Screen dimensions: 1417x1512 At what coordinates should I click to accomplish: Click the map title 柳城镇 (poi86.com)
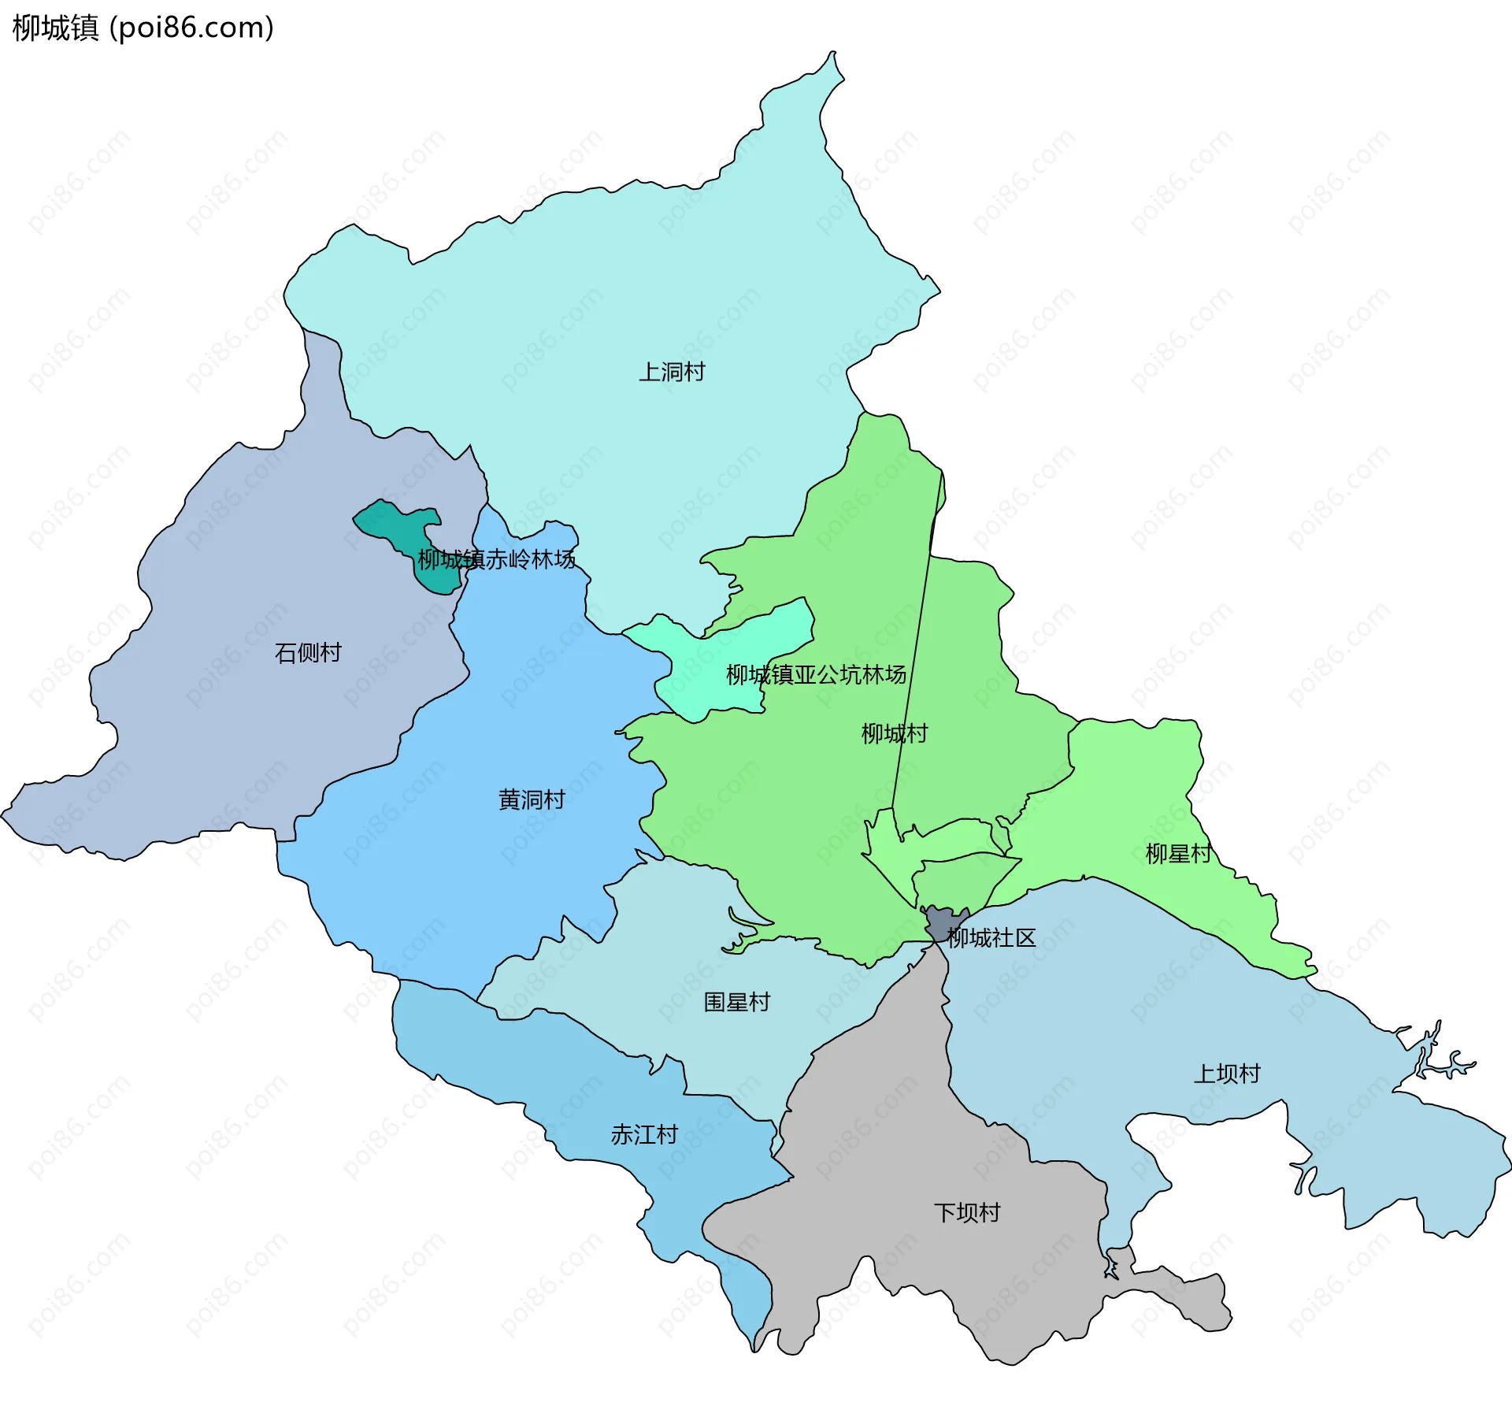[x=143, y=28]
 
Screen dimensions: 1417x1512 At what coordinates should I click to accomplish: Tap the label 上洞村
[x=671, y=372]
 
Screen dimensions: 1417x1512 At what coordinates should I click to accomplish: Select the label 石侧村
[x=308, y=653]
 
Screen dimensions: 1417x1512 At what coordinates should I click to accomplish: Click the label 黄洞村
[x=532, y=800]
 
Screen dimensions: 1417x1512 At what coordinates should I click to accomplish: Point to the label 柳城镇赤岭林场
[x=496, y=560]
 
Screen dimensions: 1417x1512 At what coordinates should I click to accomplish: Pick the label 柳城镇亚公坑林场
[x=816, y=675]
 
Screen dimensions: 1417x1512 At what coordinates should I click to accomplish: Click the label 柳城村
[x=894, y=734]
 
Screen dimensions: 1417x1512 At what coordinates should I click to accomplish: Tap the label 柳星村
[x=1178, y=854]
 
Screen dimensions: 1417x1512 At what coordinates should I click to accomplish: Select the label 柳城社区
[x=991, y=938]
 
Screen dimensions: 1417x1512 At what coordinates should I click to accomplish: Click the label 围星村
[x=736, y=1003]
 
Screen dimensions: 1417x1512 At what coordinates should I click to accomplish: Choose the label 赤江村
[x=644, y=1135]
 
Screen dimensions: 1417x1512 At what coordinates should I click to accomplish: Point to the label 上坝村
[x=1227, y=1074]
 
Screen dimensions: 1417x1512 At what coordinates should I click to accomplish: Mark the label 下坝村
[x=967, y=1212]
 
